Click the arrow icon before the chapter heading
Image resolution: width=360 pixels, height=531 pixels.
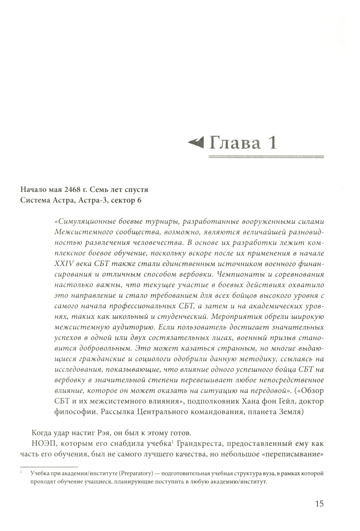coord(196,143)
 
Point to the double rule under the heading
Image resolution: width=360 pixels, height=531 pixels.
coord(266,157)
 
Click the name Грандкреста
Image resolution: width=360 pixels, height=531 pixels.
coord(199,443)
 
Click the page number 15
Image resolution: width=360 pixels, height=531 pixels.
coord(319,503)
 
